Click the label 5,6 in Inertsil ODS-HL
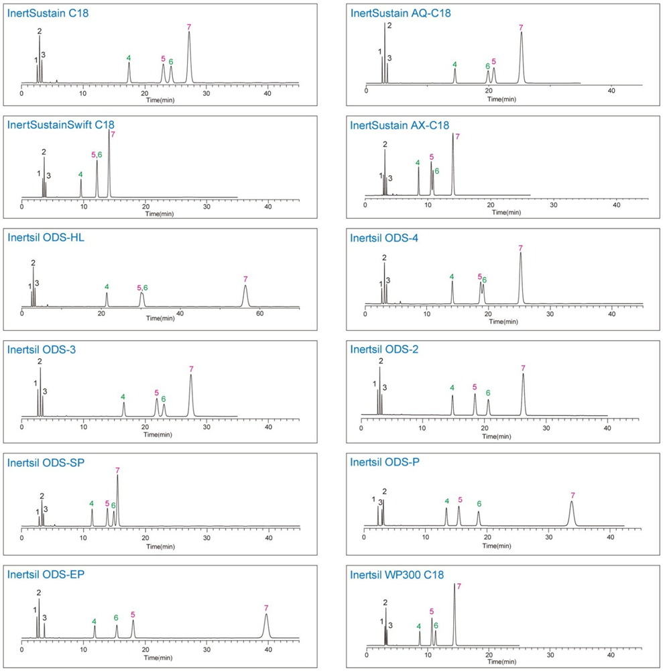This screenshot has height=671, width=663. point(141,288)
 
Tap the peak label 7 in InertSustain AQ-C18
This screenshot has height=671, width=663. point(521,28)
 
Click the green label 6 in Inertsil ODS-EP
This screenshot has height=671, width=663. point(116,617)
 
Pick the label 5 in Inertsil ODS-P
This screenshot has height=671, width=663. point(460,500)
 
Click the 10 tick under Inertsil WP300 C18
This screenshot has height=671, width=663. point(428,654)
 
